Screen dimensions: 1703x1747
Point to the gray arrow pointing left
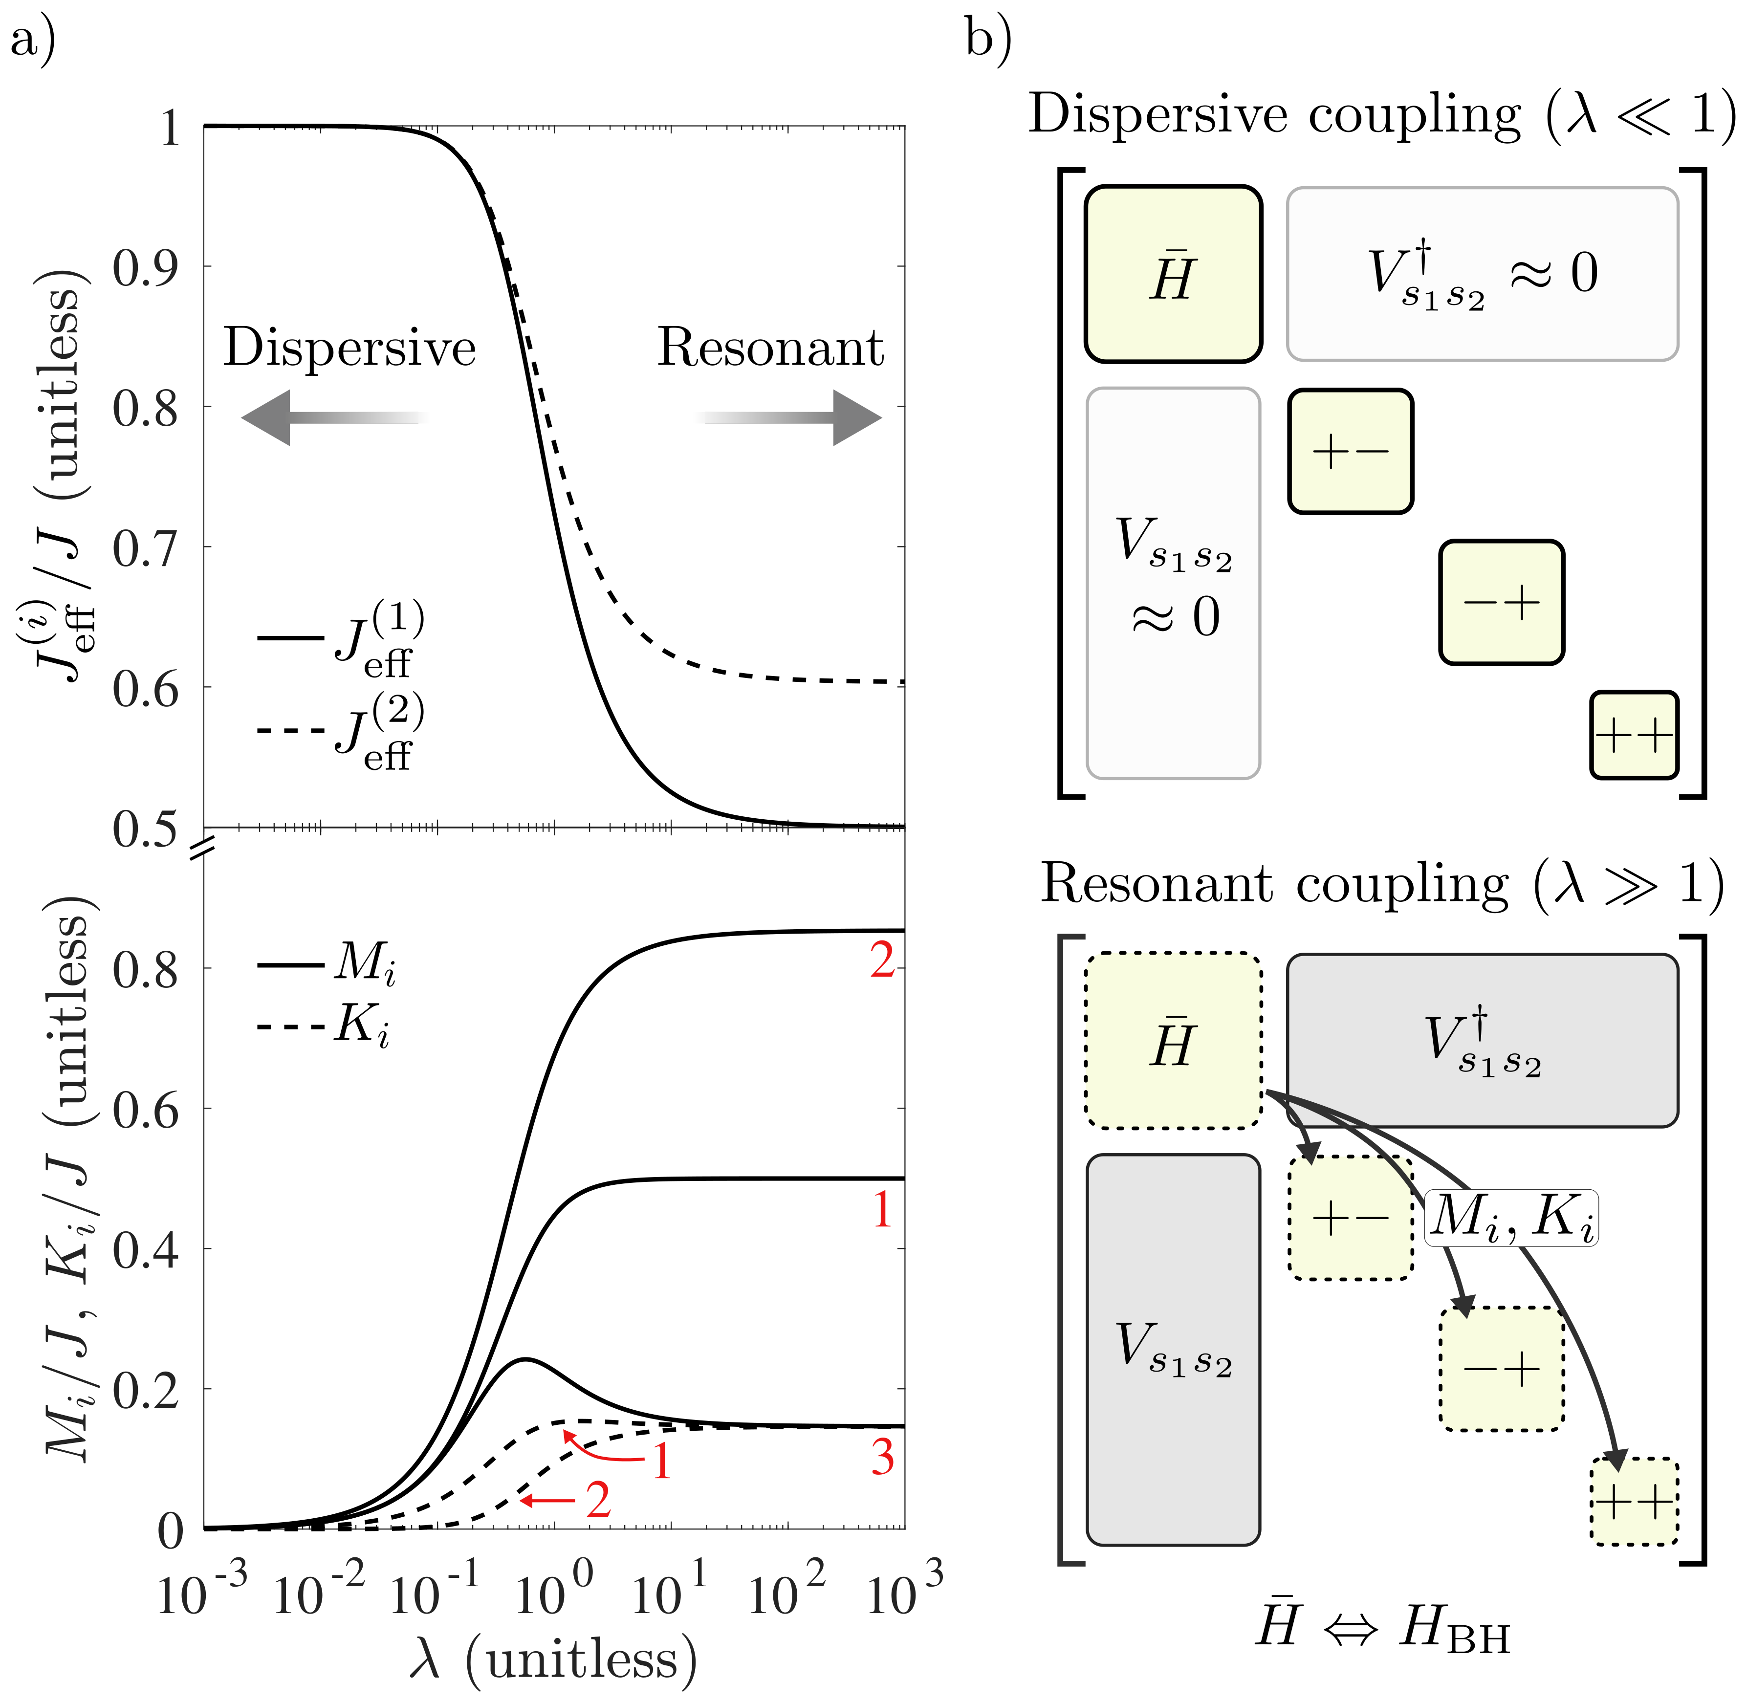[x=333, y=418]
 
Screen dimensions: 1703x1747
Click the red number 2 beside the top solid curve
[x=882, y=961]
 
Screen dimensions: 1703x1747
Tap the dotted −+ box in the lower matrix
[x=1501, y=1369]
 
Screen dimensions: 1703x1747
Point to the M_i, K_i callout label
[x=1511, y=1218]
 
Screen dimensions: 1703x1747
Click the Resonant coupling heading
[x=1381, y=886]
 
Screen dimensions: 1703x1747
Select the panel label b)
[x=988, y=40]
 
